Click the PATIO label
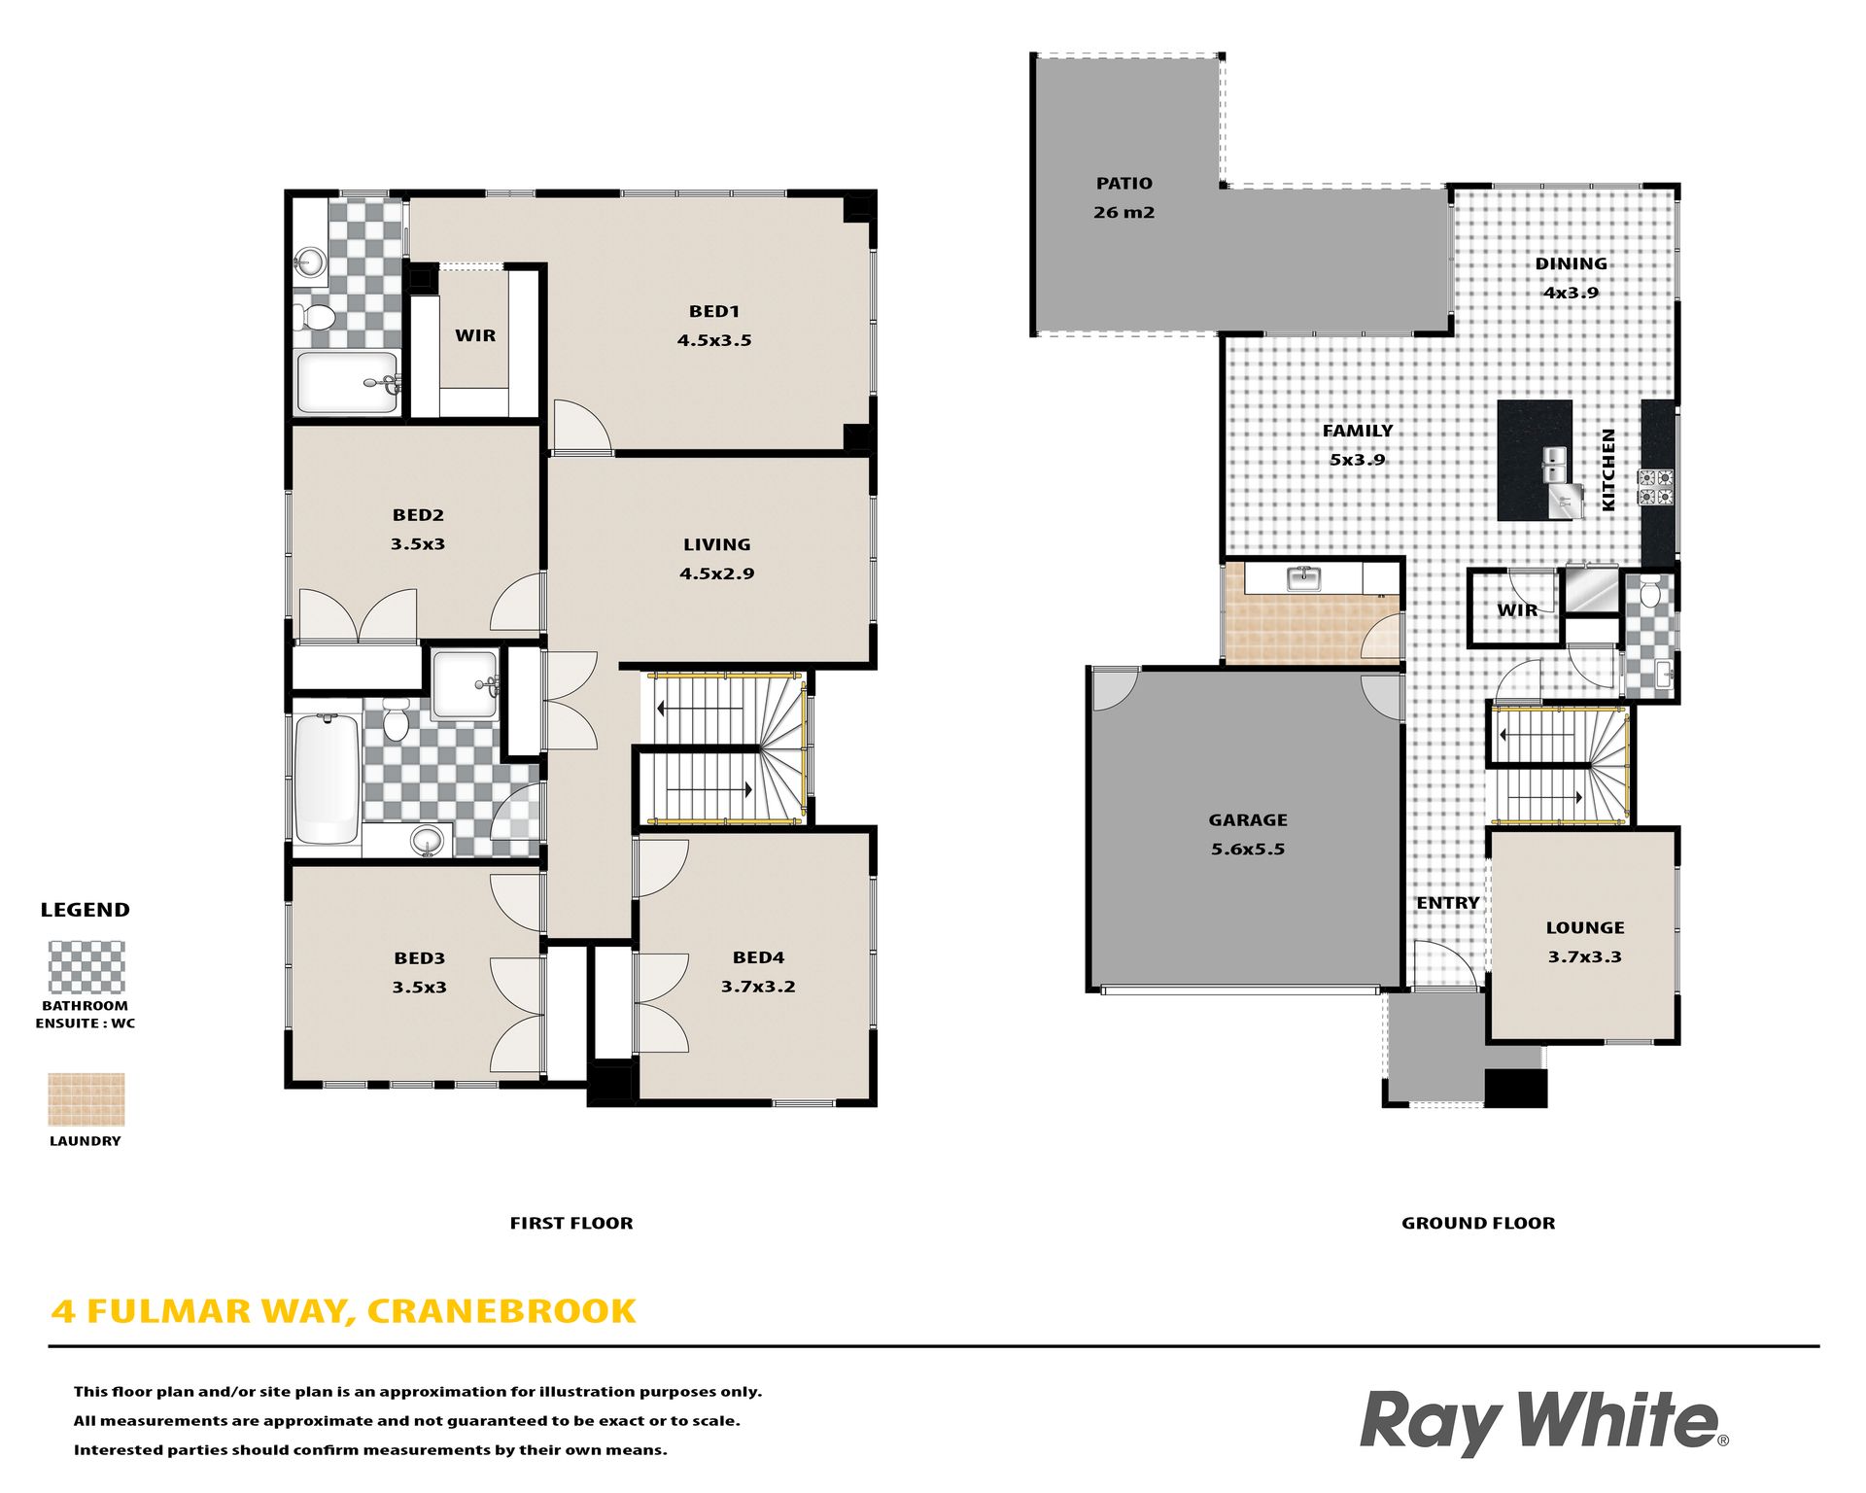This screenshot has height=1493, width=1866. click(x=1123, y=184)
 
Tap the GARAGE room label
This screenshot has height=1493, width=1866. click(x=1248, y=820)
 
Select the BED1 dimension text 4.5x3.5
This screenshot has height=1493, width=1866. click(x=714, y=340)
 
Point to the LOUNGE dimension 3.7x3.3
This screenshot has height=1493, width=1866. click(x=1585, y=956)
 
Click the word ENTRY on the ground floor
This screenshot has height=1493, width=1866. click(x=1448, y=903)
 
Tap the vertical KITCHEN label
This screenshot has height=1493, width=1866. click(x=1608, y=469)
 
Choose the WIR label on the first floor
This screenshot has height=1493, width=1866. click(x=475, y=335)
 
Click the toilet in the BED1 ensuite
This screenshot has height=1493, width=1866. click(x=314, y=316)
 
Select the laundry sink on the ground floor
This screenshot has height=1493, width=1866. click(x=1303, y=579)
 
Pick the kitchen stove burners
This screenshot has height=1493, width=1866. click(x=1657, y=488)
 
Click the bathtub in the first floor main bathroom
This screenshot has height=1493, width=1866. click(x=327, y=779)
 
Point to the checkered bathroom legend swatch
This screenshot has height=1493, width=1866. click(x=86, y=966)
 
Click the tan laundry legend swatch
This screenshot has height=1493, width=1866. click(x=86, y=1099)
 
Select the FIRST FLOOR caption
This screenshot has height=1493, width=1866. click(x=571, y=1223)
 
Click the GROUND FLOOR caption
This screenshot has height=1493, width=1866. click(x=1478, y=1223)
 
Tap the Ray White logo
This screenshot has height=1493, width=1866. click(x=1543, y=1422)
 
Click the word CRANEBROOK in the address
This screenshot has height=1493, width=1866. click(x=501, y=1311)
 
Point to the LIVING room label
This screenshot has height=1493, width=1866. click(x=716, y=545)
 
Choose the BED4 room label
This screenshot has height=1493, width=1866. click(x=758, y=957)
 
